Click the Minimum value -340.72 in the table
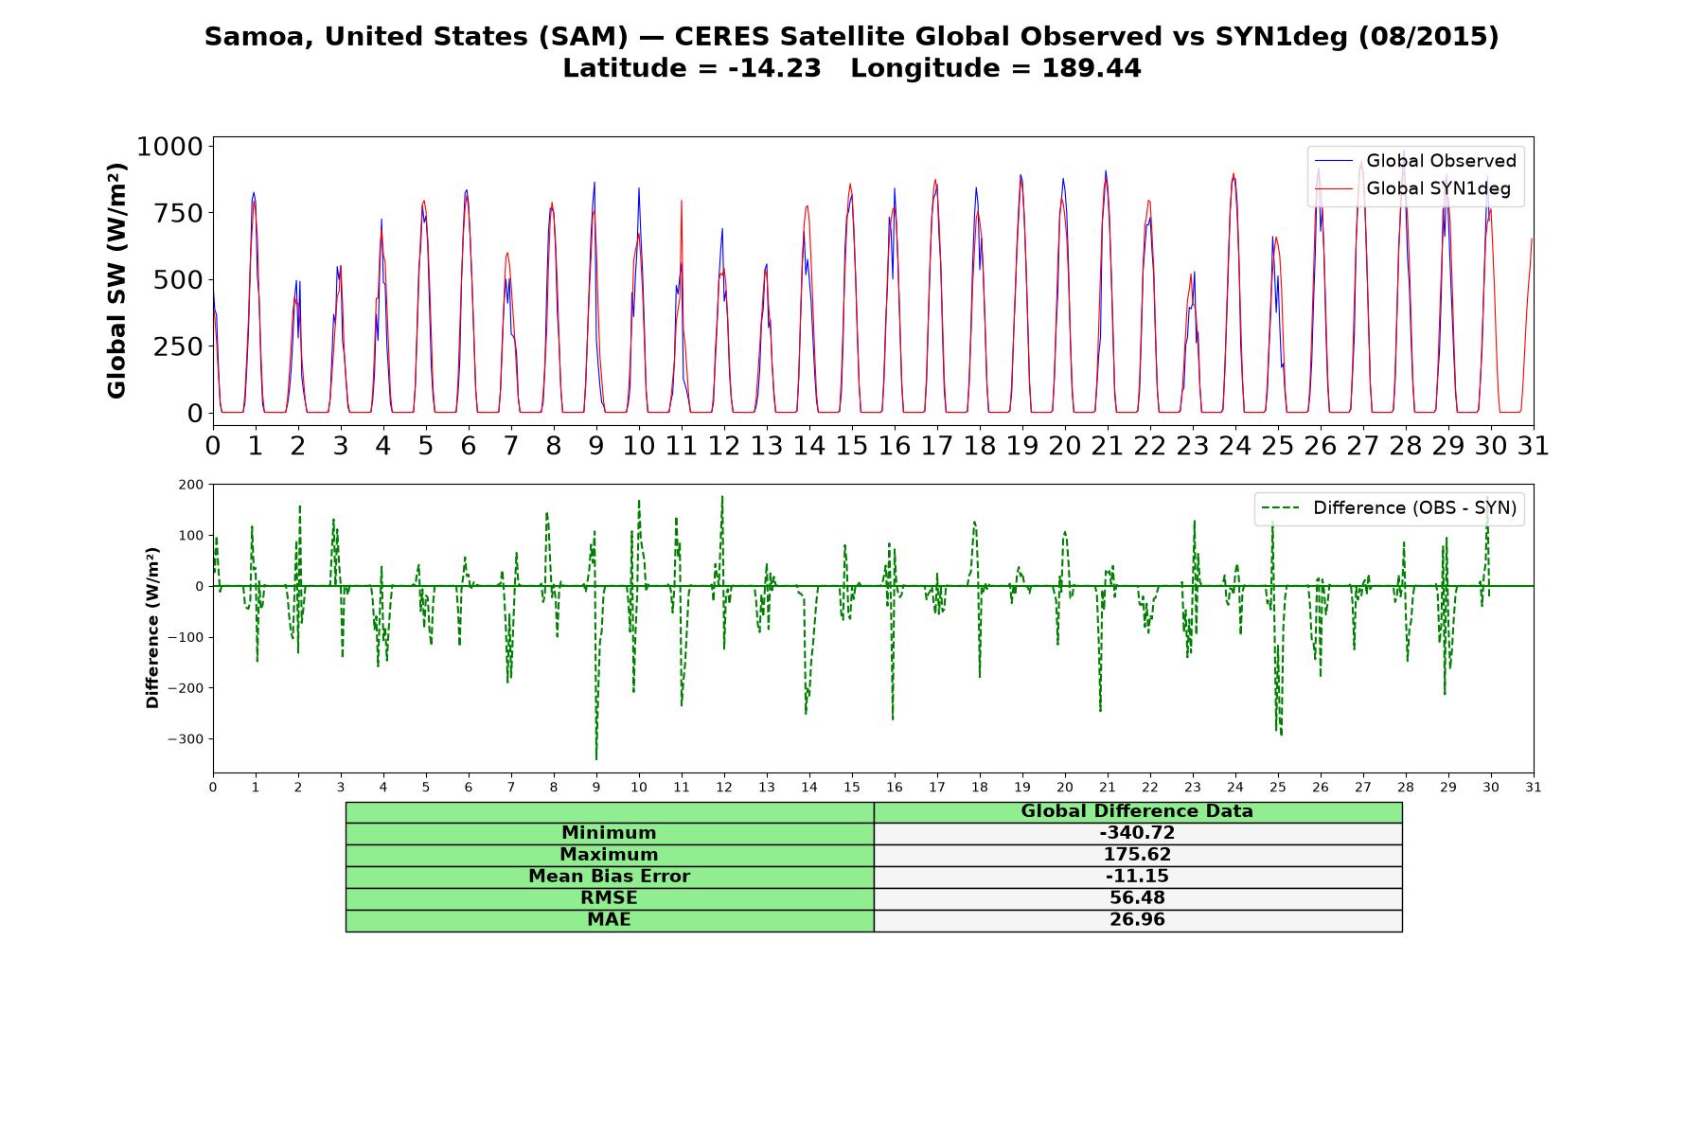pyautogui.click(x=1137, y=833)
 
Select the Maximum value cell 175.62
pyautogui.click(x=1137, y=855)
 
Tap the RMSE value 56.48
pyautogui.click(x=1137, y=898)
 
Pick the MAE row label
pyautogui.click(x=609, y=920)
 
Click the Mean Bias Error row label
pyautogui.click(x=609, y=877)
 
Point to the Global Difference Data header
pyautogui.click(x=1137, y=811)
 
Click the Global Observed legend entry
pyautogui.click(x=1416, y=161)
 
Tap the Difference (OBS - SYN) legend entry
pyautogui.click(x=1389, y=508)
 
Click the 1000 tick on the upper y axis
pyautogui.click(x=170, y=147)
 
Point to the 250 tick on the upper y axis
pyautogui.click(x=179, y=346)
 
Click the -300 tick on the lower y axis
pyautogui.click(x=186, y=739)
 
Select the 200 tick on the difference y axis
pyautogui.click(x=191, y=485)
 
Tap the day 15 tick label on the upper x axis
pyautogui.click(x=852, y=446)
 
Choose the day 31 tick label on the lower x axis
pyautogui.click(x=1534, y=788)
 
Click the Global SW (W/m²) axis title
pyautogui.click(x=116, y=281)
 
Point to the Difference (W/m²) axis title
pyautogui.click(x=152, y=628)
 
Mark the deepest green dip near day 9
pyautogui.click(x=596, y=759)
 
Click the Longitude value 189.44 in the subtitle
pyautogui.click(x=1092, y=68)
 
